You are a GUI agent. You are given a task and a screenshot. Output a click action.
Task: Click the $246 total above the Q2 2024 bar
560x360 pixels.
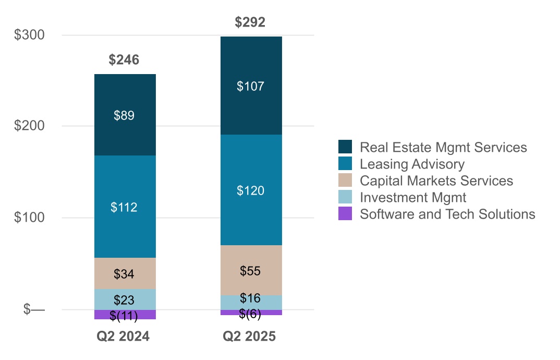124,60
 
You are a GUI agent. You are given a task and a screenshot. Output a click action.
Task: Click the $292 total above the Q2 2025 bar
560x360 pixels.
250,22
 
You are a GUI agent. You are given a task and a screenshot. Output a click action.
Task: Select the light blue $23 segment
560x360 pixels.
125,300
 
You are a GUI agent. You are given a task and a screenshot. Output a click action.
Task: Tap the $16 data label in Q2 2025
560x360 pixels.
250,298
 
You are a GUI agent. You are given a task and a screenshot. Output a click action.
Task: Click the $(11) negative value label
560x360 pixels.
124,316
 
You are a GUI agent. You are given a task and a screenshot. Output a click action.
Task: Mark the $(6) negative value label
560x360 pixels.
250,314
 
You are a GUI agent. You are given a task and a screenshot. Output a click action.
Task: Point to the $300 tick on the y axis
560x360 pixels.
29,35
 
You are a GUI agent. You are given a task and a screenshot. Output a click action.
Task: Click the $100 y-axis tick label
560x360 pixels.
29,218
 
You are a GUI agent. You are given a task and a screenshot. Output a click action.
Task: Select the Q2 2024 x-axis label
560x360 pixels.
124,337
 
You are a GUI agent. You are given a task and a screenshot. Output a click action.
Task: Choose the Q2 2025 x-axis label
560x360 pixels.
249,337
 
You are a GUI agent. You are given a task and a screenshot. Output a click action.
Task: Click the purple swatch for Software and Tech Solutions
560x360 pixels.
345,214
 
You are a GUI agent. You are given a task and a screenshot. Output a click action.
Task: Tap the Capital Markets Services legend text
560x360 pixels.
436,181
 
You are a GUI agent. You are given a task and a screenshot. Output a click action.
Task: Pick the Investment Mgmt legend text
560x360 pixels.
413,197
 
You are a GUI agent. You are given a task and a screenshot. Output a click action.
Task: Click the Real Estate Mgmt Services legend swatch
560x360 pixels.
345,147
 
